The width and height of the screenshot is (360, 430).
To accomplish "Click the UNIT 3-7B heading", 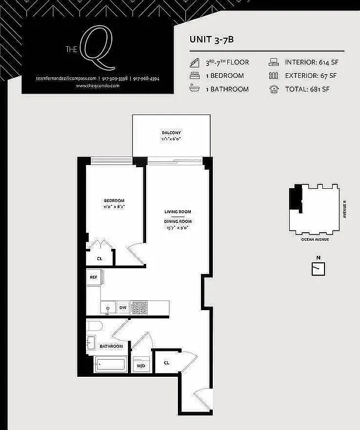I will point(211,39).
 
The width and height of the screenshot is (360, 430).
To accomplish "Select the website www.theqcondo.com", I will point(97,86).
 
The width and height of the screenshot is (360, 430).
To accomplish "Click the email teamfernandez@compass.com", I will point(66,78).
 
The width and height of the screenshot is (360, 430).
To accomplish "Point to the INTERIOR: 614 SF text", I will point(311,62).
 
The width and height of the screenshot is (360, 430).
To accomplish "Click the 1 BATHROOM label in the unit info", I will point(228,89).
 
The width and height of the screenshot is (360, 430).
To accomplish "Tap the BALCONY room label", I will point(171,133).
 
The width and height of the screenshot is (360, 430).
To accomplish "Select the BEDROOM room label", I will point(114,201).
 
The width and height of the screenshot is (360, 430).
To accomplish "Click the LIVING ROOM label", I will point(178,212).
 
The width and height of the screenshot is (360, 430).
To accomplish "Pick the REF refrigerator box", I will point(94,277).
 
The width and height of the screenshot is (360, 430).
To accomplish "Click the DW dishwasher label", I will point(123,308).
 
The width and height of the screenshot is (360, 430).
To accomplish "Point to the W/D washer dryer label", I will point(141,365).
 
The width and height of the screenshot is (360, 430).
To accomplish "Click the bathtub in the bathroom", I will point(111,365).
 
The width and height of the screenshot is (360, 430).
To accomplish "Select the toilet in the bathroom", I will point(93,326).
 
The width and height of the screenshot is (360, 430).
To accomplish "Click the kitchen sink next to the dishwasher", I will point(107,308).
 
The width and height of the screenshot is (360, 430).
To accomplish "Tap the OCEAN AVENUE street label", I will point(315,239).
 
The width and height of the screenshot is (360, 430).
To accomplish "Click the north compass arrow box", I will point(319,268).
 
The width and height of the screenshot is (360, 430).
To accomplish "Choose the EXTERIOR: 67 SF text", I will point(311,76).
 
